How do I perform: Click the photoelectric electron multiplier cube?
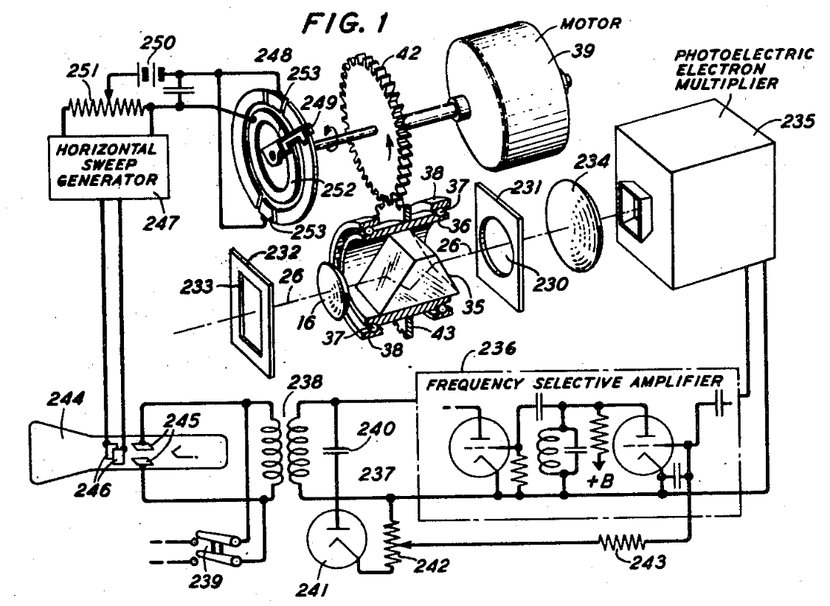[696, 193]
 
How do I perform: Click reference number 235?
[798, 121]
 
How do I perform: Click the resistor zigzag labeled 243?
[621, 543]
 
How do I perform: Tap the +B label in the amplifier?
[601, 480]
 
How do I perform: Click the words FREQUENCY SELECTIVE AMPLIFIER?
[575, 382]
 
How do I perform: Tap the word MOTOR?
[591, 24]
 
